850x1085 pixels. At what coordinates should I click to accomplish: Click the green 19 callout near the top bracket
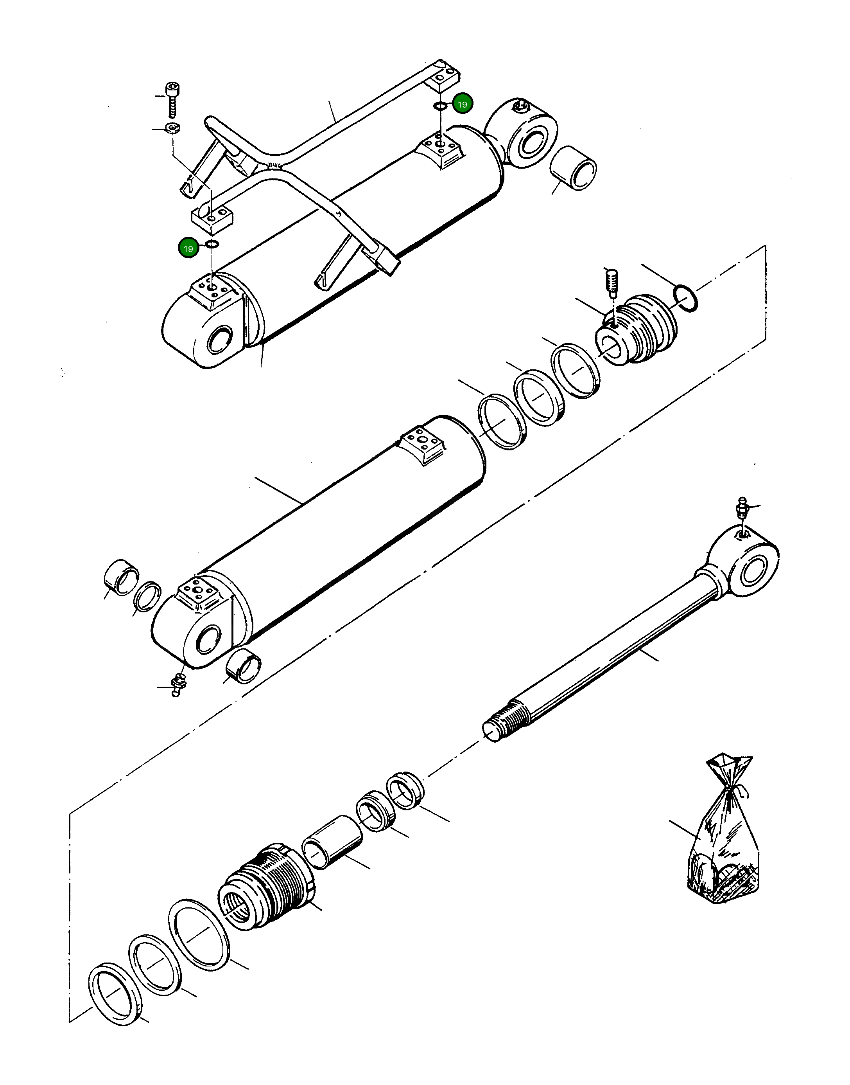tap(462, 104)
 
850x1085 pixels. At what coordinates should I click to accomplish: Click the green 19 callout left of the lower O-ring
tap(188, 248)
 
